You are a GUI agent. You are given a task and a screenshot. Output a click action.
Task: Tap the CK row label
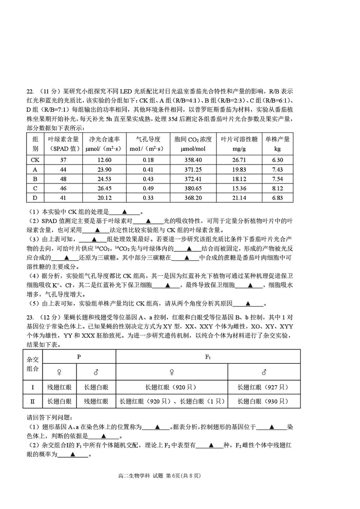(x=35, y=160)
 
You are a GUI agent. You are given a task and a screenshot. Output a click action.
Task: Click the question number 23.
(x=30, y=318)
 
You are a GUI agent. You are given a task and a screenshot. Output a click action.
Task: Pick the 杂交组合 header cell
(x=32, y=365)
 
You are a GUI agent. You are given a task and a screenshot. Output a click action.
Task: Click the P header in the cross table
(x=79, y=357)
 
